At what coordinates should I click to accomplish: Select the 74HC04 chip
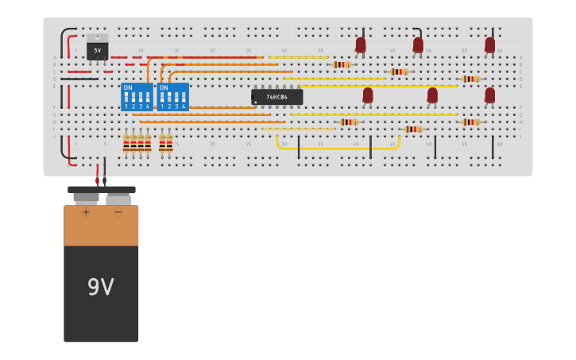(x=276, y=97)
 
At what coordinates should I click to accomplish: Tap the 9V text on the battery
(x=101, y=287)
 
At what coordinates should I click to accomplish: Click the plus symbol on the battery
(x=86, y=212)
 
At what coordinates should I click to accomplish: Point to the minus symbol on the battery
(x=118, y=212)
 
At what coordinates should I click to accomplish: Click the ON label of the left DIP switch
(x=128, y=87)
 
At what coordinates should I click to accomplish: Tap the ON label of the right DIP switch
(x=164, y=87)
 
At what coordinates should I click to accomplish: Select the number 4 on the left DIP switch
(x=147, y=106)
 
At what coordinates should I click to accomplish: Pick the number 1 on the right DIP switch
(x=162, y=106)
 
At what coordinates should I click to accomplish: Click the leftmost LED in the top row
(x=361, y=45)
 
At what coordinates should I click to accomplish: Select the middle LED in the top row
(x=418, y=45)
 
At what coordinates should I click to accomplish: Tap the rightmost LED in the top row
(x=489, y=45)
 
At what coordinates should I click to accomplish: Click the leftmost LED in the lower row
(x=368, y=95)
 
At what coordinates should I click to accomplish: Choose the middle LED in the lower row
(x=432, y=95)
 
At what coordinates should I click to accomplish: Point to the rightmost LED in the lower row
(x=489, y=95)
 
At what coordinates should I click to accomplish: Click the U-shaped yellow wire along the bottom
(x=338, y=148)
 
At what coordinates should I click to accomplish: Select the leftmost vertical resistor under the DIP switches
(x=126, y=143)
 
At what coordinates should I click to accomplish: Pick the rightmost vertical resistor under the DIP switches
(x=169, y=143)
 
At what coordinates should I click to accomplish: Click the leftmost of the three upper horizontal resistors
(x=342, y=64)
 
